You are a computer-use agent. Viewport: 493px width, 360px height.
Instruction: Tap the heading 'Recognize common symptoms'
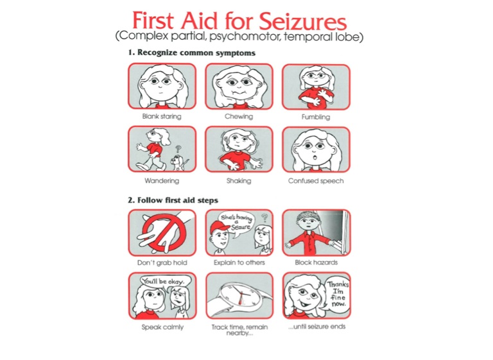[196, 53]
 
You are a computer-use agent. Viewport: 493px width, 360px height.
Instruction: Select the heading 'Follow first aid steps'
[178, 200]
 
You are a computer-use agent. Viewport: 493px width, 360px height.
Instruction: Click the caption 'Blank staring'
[162, 116]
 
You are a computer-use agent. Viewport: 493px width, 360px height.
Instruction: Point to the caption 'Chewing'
[239, 117]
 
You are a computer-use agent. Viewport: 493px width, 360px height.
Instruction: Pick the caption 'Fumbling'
[316, 117]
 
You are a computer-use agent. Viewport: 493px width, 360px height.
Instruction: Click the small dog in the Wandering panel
[178, 163]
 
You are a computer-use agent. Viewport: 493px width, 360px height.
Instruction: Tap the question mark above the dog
[178, 149]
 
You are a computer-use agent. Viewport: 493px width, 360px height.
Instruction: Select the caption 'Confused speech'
[316, 181]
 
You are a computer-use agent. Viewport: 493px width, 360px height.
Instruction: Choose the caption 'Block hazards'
[316, 262]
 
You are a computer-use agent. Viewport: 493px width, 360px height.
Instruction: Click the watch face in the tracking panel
[240, 296]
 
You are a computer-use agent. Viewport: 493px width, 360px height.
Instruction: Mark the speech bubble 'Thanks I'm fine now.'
[338, 295]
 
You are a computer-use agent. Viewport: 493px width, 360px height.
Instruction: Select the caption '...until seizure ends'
[316, 327]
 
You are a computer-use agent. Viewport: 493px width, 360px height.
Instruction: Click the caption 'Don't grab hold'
[162, 262]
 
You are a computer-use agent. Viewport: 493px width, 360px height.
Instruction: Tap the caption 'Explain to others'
[239, 262]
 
